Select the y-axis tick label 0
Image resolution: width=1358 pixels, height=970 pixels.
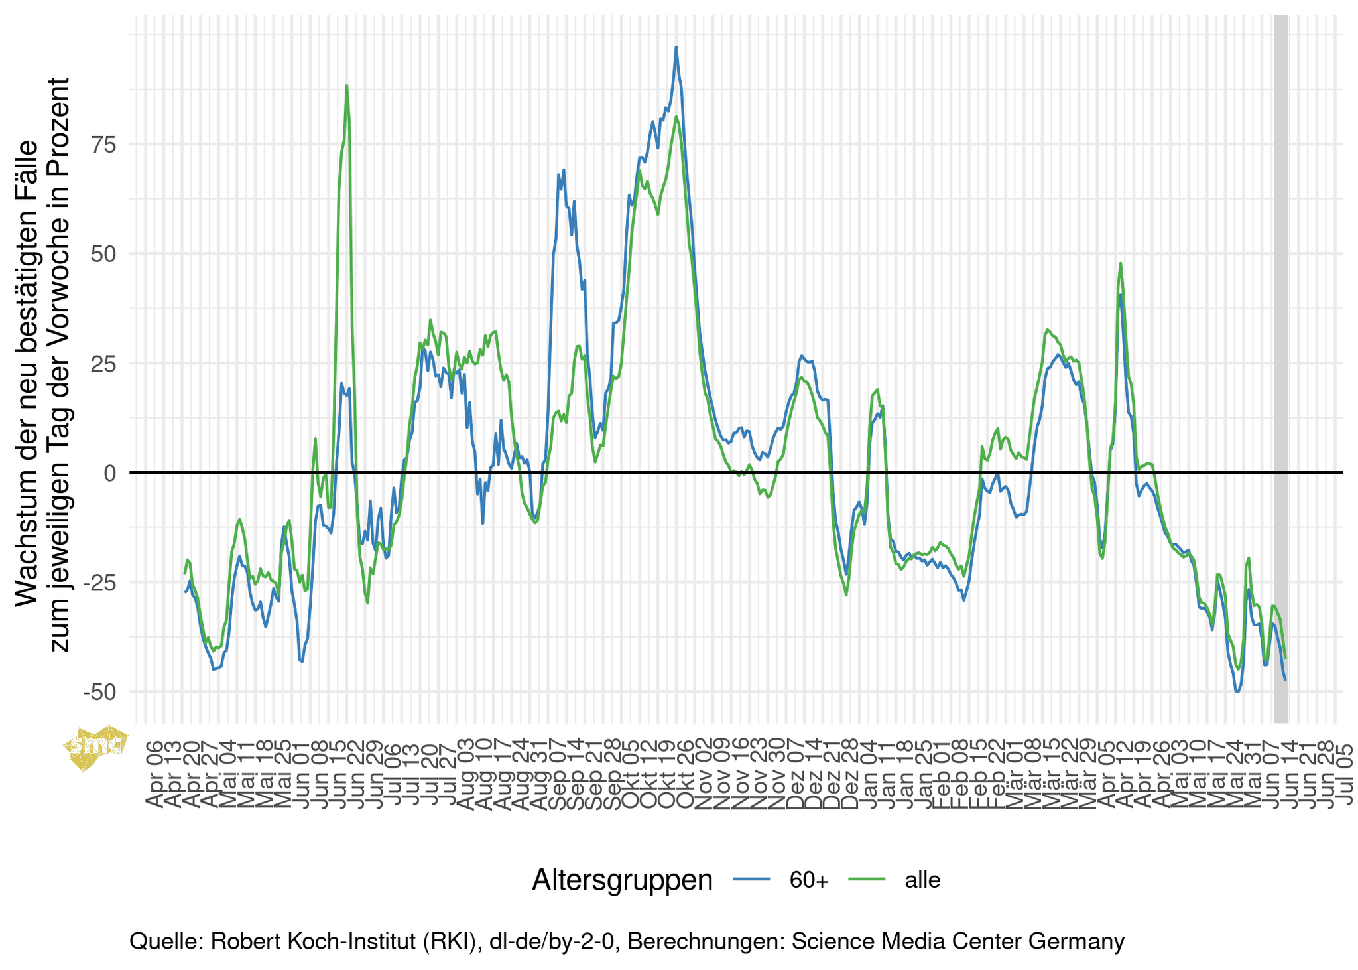pyautogui.click(x=109, y=473)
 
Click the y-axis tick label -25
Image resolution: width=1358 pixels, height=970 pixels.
pyautogui.click(x=100, y=583)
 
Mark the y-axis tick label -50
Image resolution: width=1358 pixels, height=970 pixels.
pyautogui.click(x=100, y=692)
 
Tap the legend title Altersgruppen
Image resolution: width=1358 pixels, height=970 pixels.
pyautogui.click(x=622, y=880)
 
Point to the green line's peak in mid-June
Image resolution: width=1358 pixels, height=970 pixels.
pyautogui.click(x=347, y=86)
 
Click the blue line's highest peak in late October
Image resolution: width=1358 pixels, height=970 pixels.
pyautogui.click(x=676, y=47)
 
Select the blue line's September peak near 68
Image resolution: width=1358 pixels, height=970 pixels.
pyautogui.click(x=564, y=171)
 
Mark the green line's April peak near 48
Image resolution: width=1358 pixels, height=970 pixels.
pyautogui.click(x=1121, y=263)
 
